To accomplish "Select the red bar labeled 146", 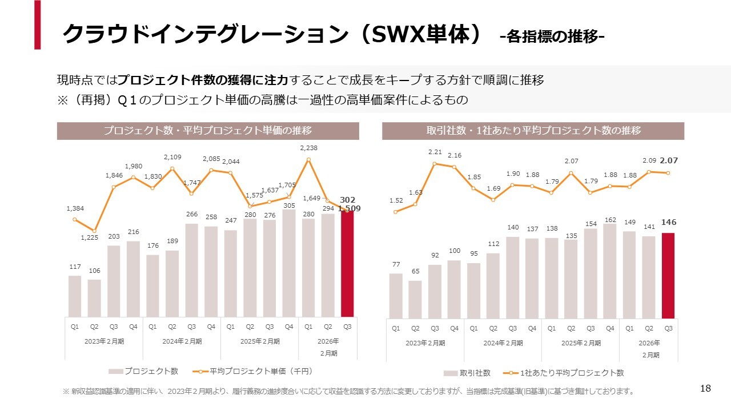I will click(668, 275).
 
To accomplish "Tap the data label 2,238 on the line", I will click(308, 147).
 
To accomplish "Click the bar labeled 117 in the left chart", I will click(75, 296).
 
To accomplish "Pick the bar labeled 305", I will click(289, 263).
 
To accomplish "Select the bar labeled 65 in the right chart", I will click(415, 299).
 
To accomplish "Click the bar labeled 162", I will click(610, 271).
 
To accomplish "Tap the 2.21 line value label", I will click(435, 152).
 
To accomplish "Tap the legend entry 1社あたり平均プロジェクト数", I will click(572, 373).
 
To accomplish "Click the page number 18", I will click(705, 389).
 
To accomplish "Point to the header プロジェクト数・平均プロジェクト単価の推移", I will click(208, 131).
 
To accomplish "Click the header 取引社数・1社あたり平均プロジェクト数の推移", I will click(533, 131).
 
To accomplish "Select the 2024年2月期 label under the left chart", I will click(182, 341).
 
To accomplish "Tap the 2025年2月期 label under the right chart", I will click(580, 343).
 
